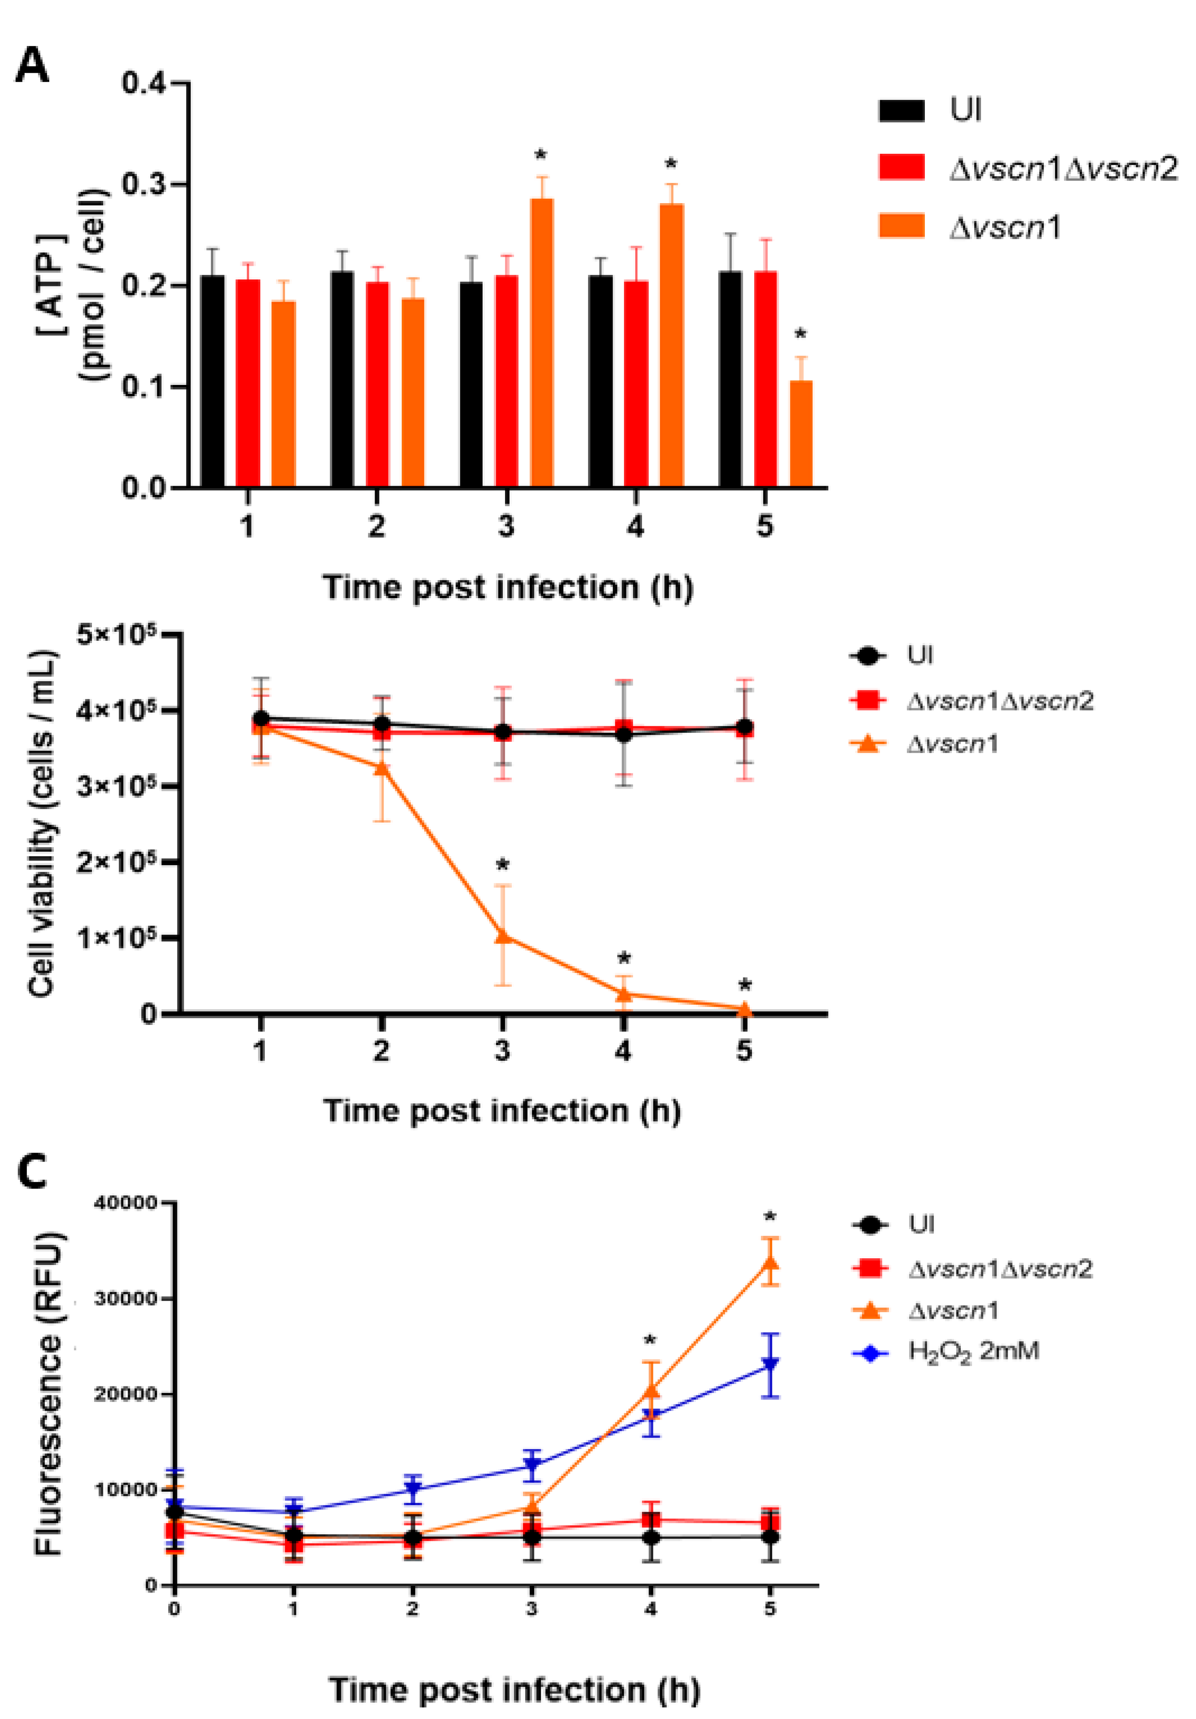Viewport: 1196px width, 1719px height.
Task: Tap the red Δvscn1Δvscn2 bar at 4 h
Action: pos(636,383)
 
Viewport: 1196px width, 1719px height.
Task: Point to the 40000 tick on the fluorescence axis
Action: pos(135,1203)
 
